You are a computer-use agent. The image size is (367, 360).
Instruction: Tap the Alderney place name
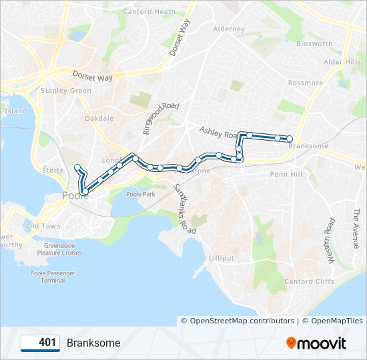[229, 29]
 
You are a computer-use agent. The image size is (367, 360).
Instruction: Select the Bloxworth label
[314, 44]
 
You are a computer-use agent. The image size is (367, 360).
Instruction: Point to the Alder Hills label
[342, 62]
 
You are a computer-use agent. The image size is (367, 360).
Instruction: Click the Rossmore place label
[305, 83]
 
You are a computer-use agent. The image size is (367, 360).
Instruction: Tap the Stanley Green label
[65, 91]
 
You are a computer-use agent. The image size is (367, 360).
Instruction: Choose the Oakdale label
[99, 119]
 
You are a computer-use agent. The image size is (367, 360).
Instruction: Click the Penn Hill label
[286, 174]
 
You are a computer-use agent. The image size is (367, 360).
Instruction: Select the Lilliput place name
[222, 258]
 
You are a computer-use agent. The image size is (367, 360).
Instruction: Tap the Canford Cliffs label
[309, 281]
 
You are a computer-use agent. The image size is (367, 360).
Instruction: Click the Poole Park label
[140, 194]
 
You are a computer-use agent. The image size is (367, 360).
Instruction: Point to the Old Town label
[43, 226]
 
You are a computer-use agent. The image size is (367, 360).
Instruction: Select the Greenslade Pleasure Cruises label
[59, 249]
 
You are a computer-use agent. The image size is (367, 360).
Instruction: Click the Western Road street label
[329, 235]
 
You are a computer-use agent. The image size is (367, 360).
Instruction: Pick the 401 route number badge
[41, 343]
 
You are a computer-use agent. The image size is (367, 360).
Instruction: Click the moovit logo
[316, 343]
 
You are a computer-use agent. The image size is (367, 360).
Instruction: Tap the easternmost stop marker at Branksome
[290, 139]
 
